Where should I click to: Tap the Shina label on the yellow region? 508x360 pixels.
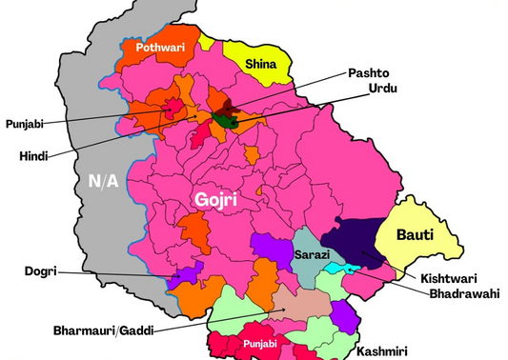pyautogui.click(x=260, y=64)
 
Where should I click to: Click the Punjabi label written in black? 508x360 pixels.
pyautogui.click(x=24, y=123)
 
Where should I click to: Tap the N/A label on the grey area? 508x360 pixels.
pyautogui.click(x=104, y=181)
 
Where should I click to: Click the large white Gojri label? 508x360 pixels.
pyautogui.click(x=214, y=199)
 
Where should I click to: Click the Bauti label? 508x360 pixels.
pyautogui.click(x=415, y=233)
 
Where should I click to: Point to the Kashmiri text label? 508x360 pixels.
pyautogui.click(x=386, y=351)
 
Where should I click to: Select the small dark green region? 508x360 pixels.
pyautogui.click(x=225, y=121)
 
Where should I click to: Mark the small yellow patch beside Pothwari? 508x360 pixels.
pyautogui.click(x=207, y=42)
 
